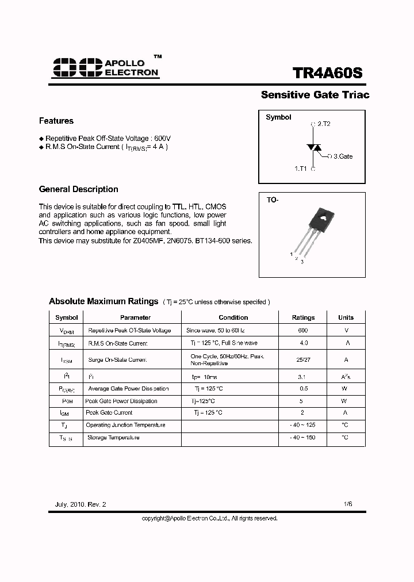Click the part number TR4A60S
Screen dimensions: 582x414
click(x=328, y=74)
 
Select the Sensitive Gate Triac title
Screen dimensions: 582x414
click(x=315, y=95)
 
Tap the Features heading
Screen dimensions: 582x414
click(x=56, y=121)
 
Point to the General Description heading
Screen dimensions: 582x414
click(x=78, y=189)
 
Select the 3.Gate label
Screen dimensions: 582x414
click(x=343, y=156)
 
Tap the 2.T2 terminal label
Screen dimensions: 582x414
click(x=323, y=124)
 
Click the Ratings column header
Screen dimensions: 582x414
click(x=303, y=317)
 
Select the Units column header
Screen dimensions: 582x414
click(x=346, y=317)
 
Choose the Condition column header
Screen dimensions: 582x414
click(x=233, y=317)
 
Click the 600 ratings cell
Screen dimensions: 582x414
click(x=303, y=331)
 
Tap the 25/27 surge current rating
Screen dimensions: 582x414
click(x=303, y=359)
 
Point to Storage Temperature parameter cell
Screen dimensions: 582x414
click(x=113, y=438)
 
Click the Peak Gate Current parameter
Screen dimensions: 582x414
click(x=109, y=413)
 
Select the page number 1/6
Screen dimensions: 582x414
click(x=347, y=504)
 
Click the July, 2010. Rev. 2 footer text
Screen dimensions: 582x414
click(x=80, y=504)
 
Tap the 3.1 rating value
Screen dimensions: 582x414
click(x=303, y=377)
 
